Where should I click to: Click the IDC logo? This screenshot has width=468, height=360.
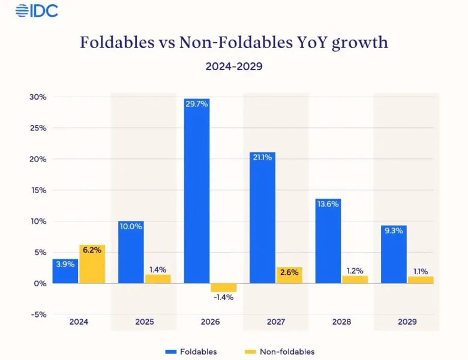(37, 10)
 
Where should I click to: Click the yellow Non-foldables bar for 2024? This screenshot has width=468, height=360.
(92, 264)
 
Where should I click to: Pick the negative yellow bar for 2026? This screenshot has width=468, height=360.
(223, 287)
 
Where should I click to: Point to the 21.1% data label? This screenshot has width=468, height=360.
(262, 158)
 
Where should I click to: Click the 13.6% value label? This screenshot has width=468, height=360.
(328, 204)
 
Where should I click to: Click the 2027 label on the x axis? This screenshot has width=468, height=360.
(276, 322)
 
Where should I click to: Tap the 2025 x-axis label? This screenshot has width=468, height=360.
(145, 322)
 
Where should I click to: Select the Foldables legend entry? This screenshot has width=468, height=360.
(190, 352)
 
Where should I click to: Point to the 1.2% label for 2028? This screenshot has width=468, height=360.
(355, 271)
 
